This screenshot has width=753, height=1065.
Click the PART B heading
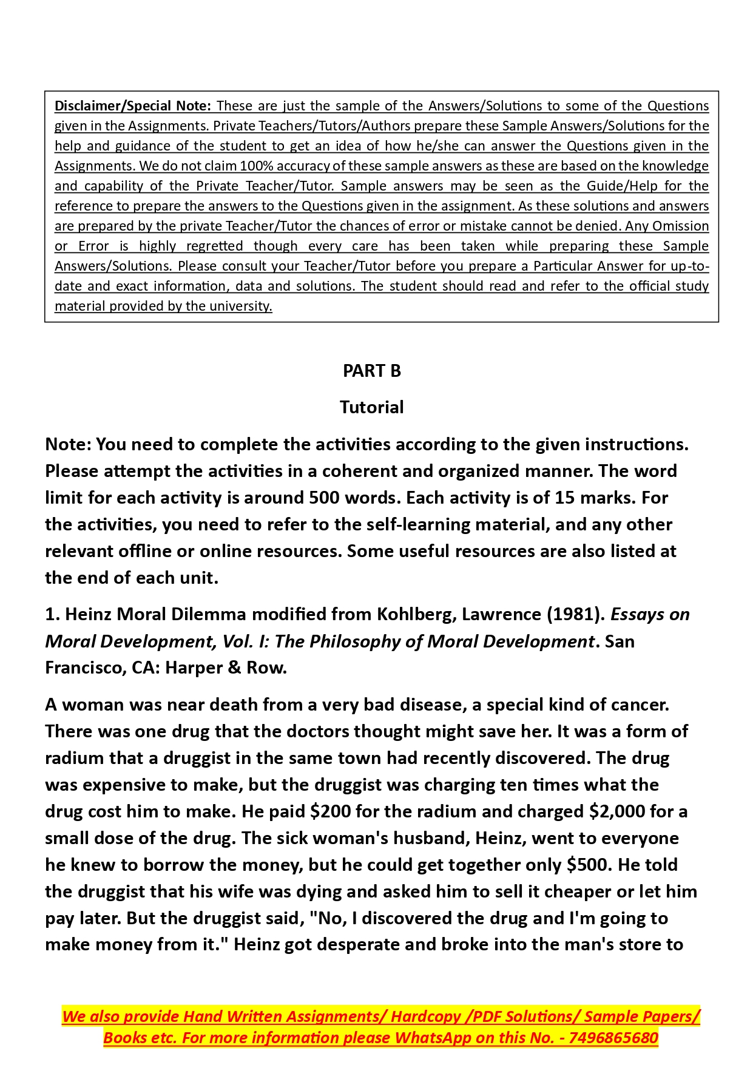(372, 371)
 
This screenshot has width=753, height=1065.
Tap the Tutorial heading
(371, 407)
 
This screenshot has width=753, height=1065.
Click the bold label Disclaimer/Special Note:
(132, 106)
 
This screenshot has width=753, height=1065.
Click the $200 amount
(330, 811)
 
